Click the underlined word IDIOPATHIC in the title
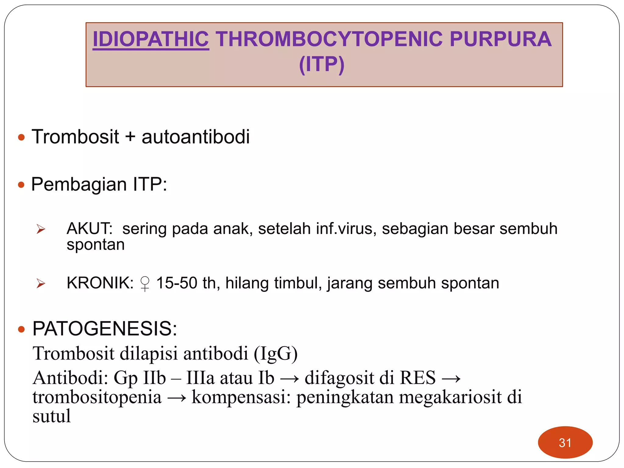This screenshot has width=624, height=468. [x=151, y=39]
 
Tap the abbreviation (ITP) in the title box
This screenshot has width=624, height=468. [x=322, y=64]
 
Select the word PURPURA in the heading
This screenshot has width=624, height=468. [x=500, y=39]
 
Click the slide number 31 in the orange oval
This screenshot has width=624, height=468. [x=565, y=443]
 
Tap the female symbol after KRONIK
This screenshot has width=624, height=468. [x=145, y=284]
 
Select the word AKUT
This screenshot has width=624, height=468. [x=89, y=229]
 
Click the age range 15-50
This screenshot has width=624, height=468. [x=177, y=283]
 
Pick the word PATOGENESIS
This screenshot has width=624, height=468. [x=105, y=329]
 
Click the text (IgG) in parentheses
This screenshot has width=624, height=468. [x=275, y=354]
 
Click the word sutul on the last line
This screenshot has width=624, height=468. [x=51, y=416]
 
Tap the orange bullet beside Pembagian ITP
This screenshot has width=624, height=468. [x=21, y=185]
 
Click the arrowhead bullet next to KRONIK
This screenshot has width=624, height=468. [x=41, y=284]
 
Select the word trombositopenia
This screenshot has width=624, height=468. [x=97, y=397]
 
